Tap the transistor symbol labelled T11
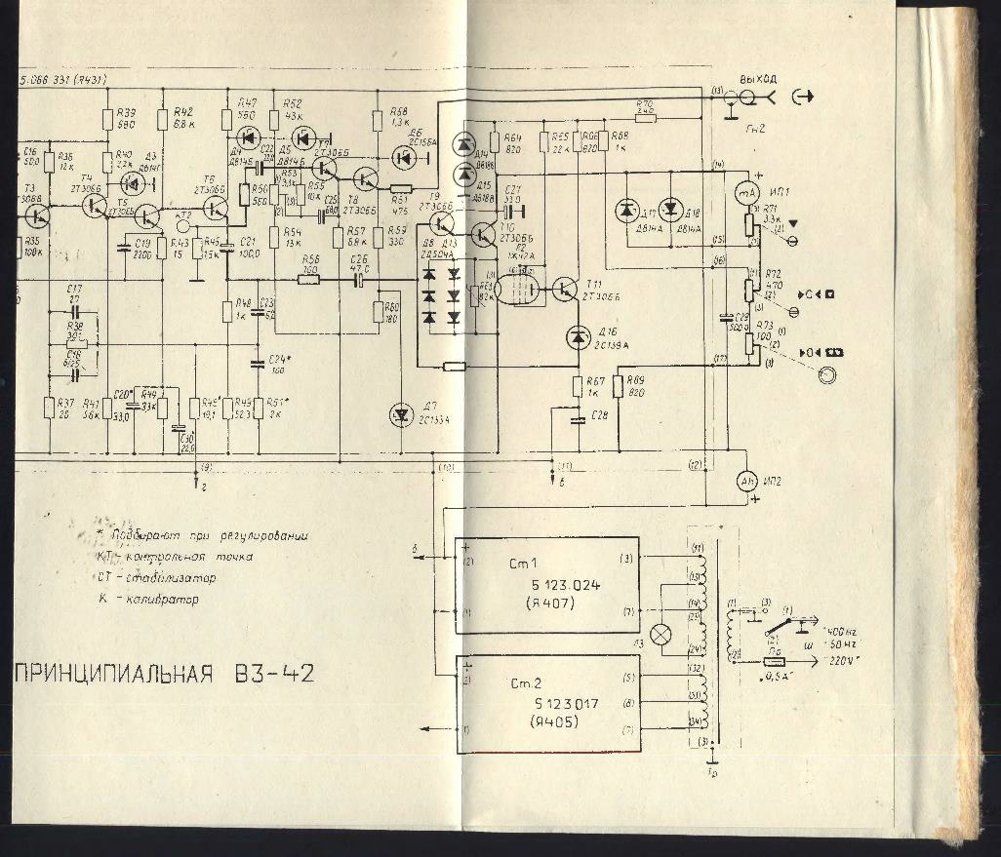[x=564, y=290]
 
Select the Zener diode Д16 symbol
[x=579, y=338]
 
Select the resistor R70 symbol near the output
[x=643, y=117]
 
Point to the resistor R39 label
[x=125, y=113]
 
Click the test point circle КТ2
[x=181, y=224]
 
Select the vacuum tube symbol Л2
[x=513, y=290]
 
